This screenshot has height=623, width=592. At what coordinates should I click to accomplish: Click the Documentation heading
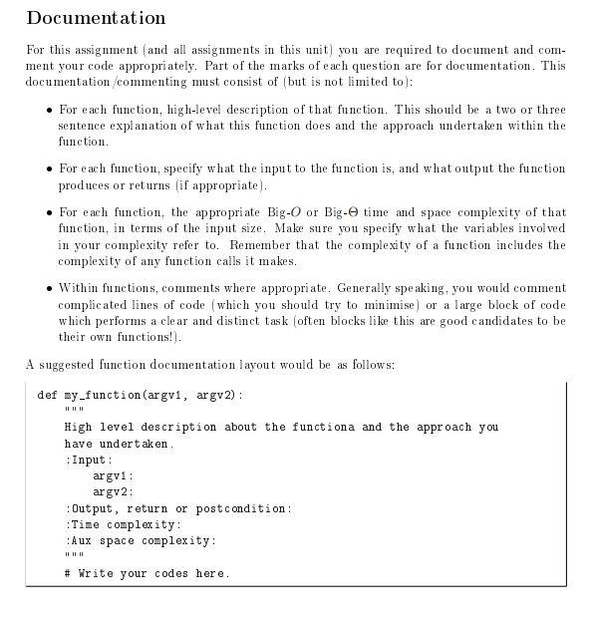(x=96, y=18)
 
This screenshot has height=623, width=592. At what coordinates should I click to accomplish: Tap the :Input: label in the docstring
(x=90, y=460)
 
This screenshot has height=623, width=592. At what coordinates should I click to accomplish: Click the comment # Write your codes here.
(x=148, y=573)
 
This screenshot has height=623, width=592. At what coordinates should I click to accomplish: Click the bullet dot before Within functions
(x=49, y=288)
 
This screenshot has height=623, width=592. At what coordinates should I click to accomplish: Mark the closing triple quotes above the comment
(x=75, y=556)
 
